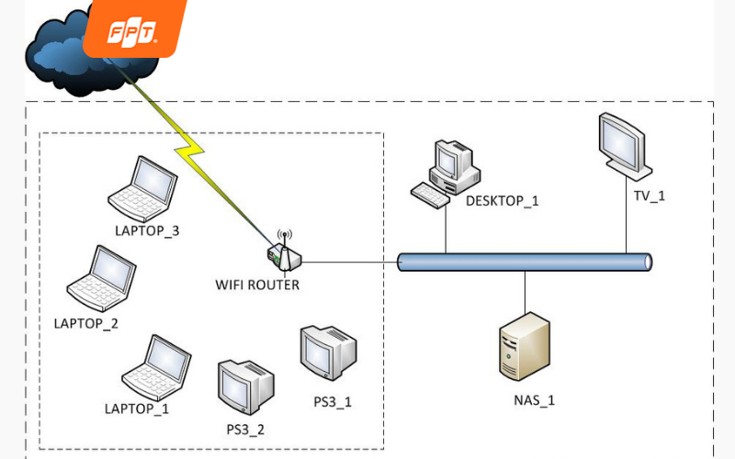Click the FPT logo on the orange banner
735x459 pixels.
coord(133,33)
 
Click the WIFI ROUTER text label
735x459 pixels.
coord(257,285)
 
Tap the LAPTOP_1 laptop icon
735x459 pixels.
coord(157,367)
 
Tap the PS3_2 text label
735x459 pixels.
coord(245,429)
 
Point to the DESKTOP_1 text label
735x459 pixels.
coord(502,201)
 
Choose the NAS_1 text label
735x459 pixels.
coord(534,400)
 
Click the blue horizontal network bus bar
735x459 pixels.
coord(524,263)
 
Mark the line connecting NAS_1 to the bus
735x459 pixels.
coord(525,292)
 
